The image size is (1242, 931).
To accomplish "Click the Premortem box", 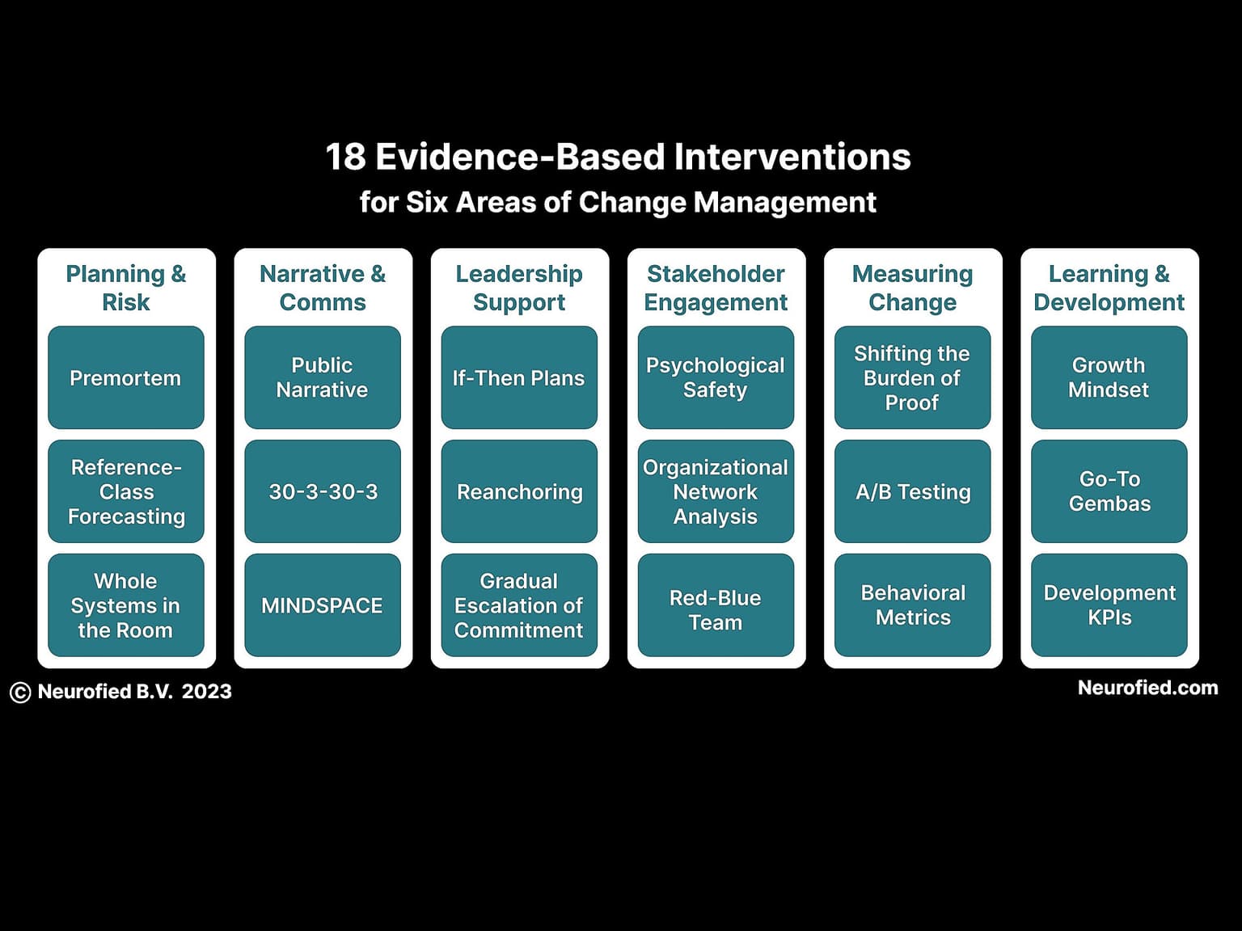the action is coord(125,377).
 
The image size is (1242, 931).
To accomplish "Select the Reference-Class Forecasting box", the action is coord(125,491).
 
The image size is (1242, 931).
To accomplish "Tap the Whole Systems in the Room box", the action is coord(125,605).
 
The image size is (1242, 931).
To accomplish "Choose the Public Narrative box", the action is coord(323,377).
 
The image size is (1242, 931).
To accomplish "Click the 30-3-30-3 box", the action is coord(323,491).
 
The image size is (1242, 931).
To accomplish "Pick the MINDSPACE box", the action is coord(323,605).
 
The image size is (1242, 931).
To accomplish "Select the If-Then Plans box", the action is coord(519,377).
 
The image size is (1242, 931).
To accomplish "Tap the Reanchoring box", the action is coord(519,491).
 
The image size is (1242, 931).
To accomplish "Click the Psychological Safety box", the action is coord(716,377).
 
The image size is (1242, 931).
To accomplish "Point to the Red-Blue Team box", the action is coord(716,605).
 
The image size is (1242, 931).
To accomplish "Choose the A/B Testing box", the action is coord(912,491).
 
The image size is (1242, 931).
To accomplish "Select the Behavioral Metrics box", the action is coord(912,605).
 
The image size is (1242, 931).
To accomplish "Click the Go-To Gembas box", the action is coord(1109,491).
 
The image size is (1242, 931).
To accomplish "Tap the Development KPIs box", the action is coord(1109,605).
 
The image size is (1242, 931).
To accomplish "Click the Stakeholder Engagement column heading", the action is coord(716,288).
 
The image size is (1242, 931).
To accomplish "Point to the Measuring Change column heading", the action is coord(912,288).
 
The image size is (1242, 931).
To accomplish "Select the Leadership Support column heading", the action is coord(519,288).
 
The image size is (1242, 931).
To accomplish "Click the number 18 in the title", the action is coord(346,157).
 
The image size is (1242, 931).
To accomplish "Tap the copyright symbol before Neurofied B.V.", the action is coord(20,693).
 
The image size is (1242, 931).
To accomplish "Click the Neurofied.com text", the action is coord(1147,688).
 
